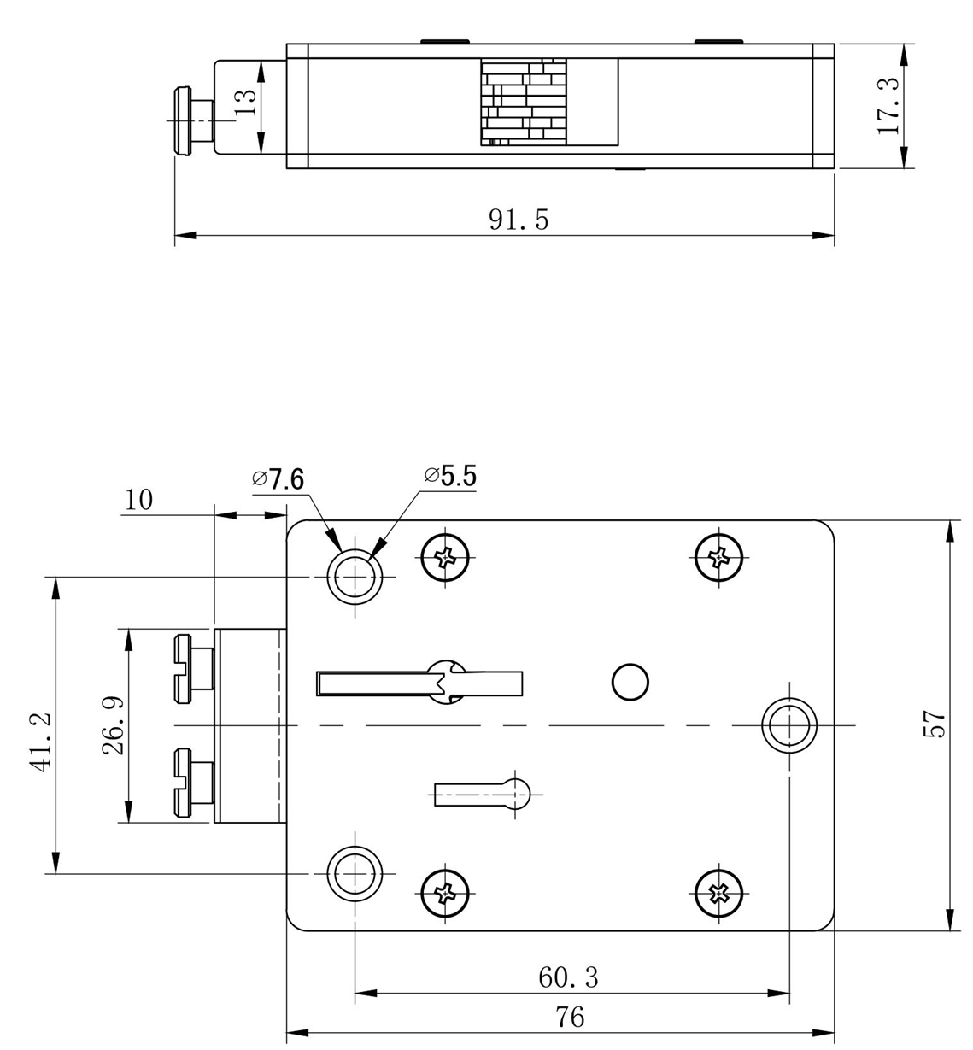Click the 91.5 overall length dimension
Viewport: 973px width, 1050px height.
coord(519,220)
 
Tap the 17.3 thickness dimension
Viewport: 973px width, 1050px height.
coord(889,106)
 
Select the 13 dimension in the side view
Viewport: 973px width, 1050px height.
coord(245,104)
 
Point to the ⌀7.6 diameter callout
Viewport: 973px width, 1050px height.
coord(279,479)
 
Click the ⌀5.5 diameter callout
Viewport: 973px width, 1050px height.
coord(450,476)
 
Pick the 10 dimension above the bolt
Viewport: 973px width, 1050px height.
coord(138,500)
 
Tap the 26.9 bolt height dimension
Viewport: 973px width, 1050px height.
coord(114,725)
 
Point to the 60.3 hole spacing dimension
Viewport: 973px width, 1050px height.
coord(568,977)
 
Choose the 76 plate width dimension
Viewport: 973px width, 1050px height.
coord(570,1018)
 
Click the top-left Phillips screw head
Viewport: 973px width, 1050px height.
coord(446,560)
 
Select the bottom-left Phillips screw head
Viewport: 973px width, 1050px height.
coord(446,894)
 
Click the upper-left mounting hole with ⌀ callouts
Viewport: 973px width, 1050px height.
coord(355,576)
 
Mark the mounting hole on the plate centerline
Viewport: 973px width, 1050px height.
coord(788,725)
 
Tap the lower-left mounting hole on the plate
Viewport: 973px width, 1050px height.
coord(355,873)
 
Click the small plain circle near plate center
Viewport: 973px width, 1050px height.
coord(630,681)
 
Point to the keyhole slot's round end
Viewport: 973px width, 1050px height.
coord(520,794)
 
